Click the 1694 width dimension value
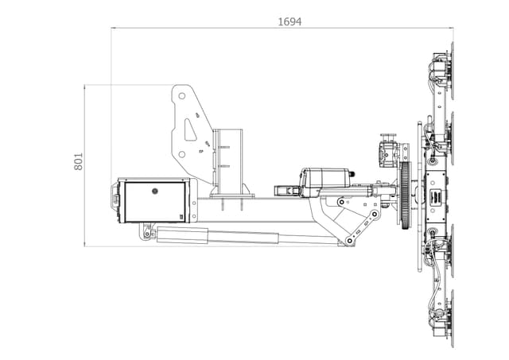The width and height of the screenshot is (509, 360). click(x=289, y=21)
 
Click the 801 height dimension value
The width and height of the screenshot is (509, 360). click(x=78, y=161)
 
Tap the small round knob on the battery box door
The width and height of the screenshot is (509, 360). click(x=156, y=190)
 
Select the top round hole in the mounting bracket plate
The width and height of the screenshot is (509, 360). click(x=182, y=96)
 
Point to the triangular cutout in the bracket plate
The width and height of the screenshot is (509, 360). click(x=190, y=129)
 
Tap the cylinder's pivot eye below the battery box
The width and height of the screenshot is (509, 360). click(x=146, y=233)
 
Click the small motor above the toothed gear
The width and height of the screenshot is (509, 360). click(x=388, y=151)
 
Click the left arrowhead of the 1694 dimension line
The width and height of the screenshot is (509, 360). click(x=114, y=29)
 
